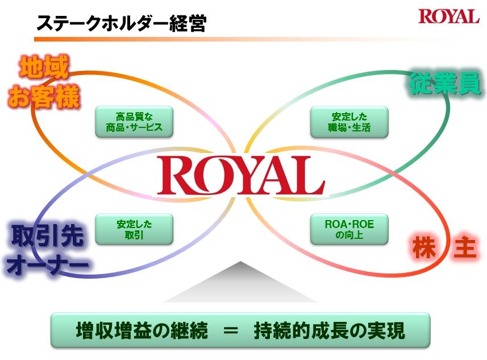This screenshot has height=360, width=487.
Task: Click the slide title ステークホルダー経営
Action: click(x=121, y=23)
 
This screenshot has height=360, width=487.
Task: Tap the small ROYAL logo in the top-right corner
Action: click(x=448, y=16)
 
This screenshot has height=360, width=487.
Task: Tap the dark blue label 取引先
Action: click(x=47, y=235)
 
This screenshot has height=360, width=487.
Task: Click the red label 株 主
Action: click(x=444, y=249)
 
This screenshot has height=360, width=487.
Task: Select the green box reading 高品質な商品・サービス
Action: click(x=134, y=121)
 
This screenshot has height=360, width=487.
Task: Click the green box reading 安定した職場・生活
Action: click(x=350, y=122)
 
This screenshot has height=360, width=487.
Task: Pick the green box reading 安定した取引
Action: click(x=134, y=229)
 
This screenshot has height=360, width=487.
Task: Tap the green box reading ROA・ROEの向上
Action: click(x=349, y=229)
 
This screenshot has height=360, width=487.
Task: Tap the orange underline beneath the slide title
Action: click(x=170, y=39)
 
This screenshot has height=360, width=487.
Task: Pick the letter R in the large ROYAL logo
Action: click(x=174, y=176)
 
